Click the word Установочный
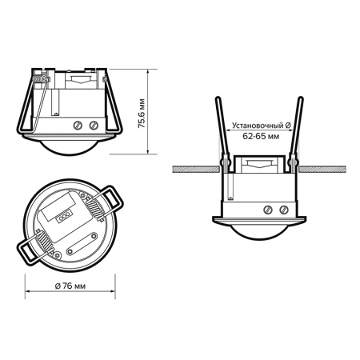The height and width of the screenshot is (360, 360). coord(257,126)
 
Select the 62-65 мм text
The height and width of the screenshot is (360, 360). coord(262,137)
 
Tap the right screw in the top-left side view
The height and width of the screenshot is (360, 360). coord(94,125)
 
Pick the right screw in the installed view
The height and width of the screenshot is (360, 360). coord(285,210)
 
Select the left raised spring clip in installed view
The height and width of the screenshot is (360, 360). coord(221,132)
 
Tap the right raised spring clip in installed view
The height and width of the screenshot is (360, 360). coord(298,132)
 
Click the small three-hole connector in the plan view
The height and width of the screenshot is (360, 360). coord(62,214)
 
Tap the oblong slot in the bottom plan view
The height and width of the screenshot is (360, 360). coord(57,204)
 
